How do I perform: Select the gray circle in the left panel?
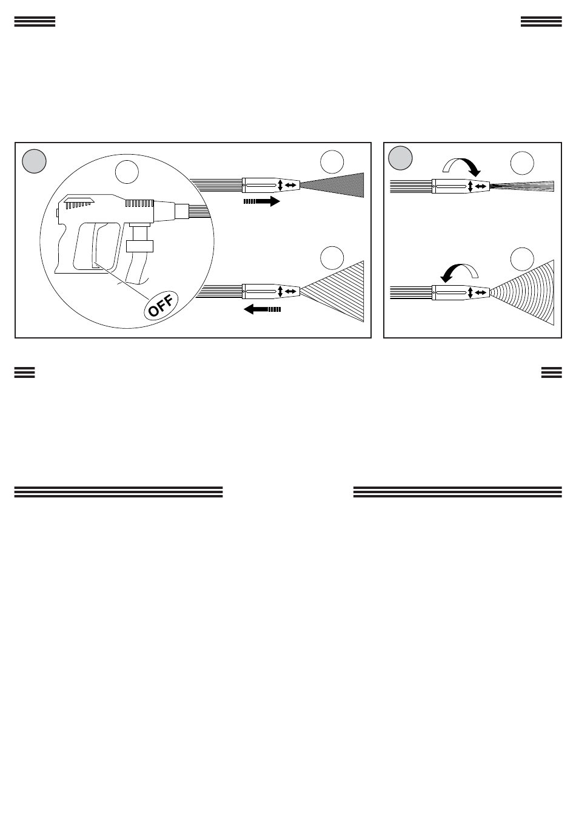[34, 161]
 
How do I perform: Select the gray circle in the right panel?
[400, 158]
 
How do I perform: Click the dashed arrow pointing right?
[262, 201]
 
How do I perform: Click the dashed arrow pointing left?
[262, 309]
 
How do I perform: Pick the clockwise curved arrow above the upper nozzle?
[463, 165]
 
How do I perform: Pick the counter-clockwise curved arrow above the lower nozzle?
[459, 273]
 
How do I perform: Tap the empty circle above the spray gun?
[127, 172]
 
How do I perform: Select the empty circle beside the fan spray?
[522, 259]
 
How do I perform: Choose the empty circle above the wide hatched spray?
[332, 258]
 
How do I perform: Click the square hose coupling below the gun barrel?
[139, 246]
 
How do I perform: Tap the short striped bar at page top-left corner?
[35, 22]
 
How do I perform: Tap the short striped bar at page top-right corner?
[541, 22]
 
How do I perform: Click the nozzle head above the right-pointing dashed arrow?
[270, 185]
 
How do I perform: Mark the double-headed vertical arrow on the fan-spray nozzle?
[471, 293]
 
